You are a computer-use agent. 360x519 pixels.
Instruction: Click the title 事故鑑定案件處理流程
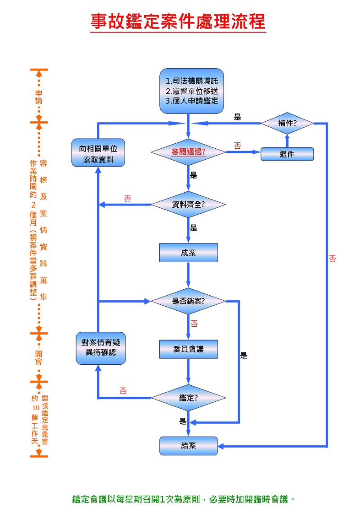pyautogui.click(x=178, y=22)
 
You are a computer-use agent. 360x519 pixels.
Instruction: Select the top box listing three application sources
pyautogui.click(x=191, y=91)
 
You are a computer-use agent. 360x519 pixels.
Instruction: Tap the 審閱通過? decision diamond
pyautogui.click(x=188, y=151)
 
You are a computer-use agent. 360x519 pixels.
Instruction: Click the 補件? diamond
pyautogui.click(x=287, y=123)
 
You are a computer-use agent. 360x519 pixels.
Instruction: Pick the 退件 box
pyautogui.click(x=287, y=154)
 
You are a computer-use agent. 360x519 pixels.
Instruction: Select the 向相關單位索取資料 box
pyautogui.click(x=98, y=154)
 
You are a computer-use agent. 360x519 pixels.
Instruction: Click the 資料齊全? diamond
pyautogui.click(x=188, y=205)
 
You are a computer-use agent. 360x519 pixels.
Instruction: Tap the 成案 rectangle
pyautogui.click(x=188, y=252)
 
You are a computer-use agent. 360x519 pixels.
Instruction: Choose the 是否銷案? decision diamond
pyautogui.click(x=188, y=301)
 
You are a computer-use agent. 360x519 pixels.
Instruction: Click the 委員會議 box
pyautogui.click(x=188, y=349)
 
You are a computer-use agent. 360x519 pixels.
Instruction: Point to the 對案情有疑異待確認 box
pyautogui.click(x=101, y=349)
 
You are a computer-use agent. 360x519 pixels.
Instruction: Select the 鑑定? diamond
pyautogui.click(x=188, y=398)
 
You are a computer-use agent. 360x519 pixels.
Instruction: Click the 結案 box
pyautogui.click(x=188, y=446)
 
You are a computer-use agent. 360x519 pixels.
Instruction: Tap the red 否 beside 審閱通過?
pyautogui.click(x=237, y=146)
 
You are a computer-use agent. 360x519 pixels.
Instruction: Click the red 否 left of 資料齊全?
pyautogui.click(x=127, y=199)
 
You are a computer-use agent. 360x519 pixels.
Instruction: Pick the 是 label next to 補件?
pyautogui.click(x=237, y=117)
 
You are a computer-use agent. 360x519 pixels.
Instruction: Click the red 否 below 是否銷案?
pyautogui.click(x=194, y=324)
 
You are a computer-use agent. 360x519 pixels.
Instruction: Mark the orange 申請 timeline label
pyautogui.click(x=39, y=97)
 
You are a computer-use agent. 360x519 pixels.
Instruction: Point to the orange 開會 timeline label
pyautogui.click(x=39, y=357)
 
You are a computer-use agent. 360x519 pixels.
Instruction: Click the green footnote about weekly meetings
pyautogui.click(x=183, y=499)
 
